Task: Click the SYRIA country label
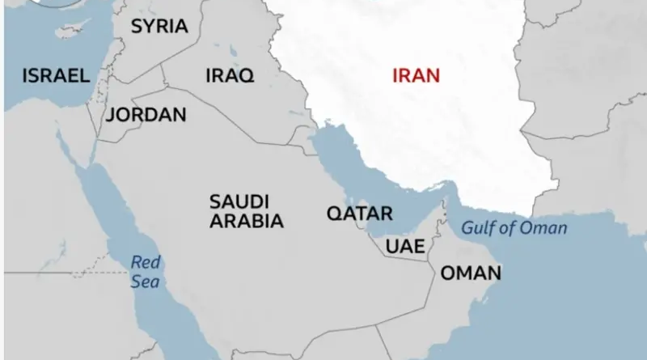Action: [159, 26]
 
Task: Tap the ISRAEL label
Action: [56, 76]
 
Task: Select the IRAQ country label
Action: [230, 76]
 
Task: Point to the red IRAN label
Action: [416, 76]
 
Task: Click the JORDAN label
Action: [146, 114]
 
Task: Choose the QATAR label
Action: [359, 214]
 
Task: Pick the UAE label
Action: [404, 247]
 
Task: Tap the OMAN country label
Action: [470, 273]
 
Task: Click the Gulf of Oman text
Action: [514, 227]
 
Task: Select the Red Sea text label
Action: [146, 271]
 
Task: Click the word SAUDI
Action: [239, 201]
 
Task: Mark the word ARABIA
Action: [247, 221]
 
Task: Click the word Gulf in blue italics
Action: [476, 227]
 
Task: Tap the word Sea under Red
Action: [146, 282]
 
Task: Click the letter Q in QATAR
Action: [332, 214]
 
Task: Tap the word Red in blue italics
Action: [146, 261]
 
